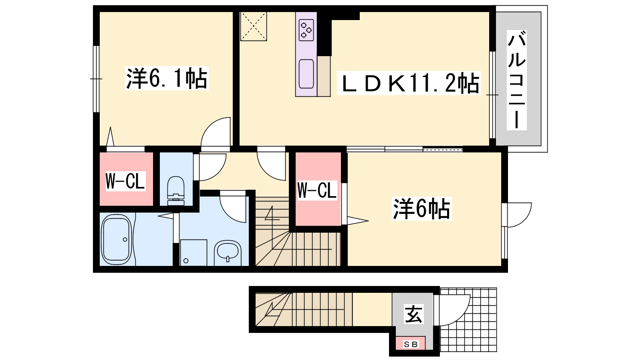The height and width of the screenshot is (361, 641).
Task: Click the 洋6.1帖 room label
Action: (x=167, y=78)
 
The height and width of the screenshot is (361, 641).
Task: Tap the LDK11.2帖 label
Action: (x=409, y=83)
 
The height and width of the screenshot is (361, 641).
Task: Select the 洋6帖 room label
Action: (x=421, y=209)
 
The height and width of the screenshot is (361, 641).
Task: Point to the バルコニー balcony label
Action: (x=517, y=80)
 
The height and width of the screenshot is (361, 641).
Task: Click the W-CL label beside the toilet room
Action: (x=125, y=181)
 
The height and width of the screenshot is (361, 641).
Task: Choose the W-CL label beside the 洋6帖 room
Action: (x=317, y=190)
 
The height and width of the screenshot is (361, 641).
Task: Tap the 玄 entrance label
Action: (x=413, y=314)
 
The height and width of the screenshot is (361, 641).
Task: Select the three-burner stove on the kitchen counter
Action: (x=306, y=30)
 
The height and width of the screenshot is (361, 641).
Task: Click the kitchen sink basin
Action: (x=306, y=74)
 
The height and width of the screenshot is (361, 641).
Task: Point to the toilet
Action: (x=176, y=191)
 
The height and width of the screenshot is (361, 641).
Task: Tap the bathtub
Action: (x=117, y=239)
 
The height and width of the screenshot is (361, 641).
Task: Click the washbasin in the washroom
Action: (x=228, y=251)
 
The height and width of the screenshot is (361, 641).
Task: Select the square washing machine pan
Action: (x=194, y=253)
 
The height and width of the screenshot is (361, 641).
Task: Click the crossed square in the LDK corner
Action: (x=254, y=26)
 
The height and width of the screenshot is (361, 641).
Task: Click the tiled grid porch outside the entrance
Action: (x=468, y=320)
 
